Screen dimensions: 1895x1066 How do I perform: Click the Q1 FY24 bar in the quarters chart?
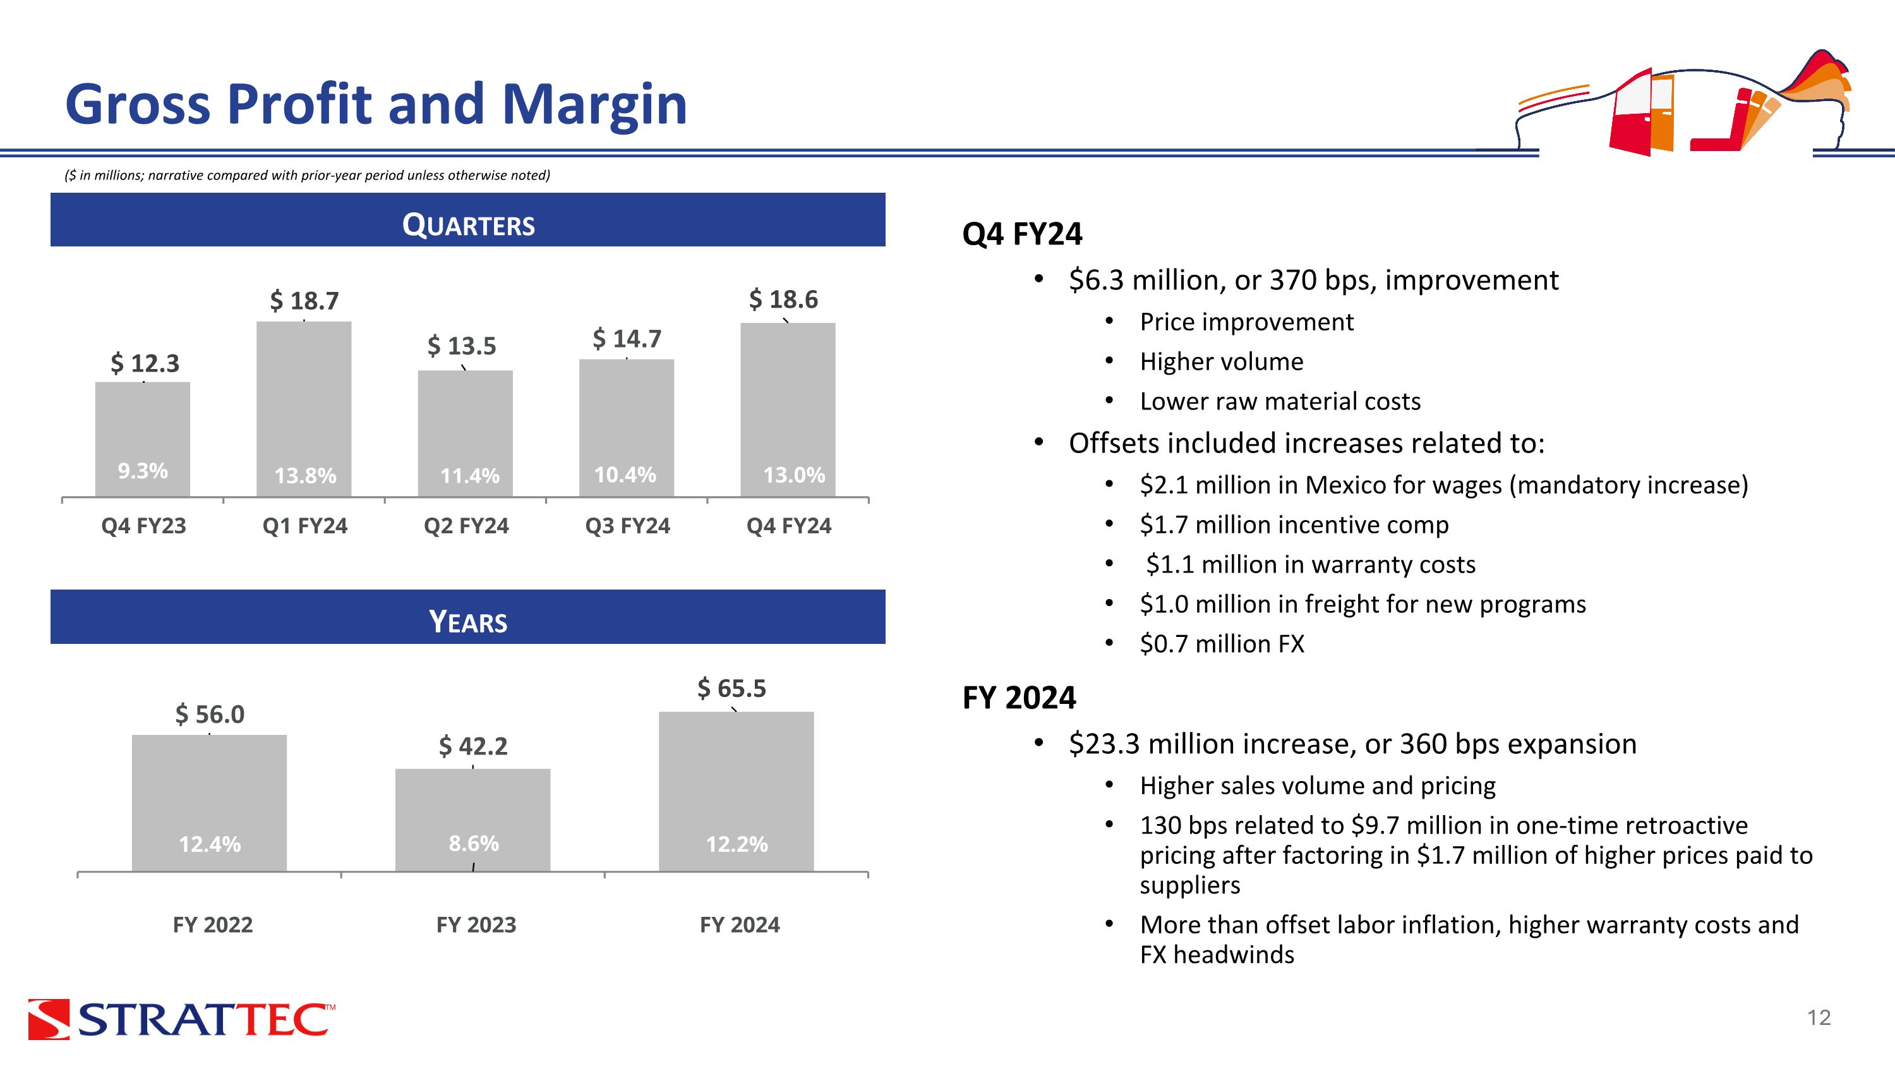coord(304,409)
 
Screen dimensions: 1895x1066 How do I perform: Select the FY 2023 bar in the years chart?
coord(473,820)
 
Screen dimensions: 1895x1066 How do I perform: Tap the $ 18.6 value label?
coord(783,300)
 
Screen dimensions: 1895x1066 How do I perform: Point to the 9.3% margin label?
coord(143,471)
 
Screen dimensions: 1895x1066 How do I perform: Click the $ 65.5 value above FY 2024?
coord(732,689)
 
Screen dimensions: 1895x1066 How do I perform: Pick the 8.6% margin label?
coord(474,843)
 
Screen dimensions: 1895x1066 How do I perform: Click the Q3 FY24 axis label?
coord(627,526)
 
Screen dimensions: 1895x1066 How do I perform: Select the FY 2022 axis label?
coord(213,924)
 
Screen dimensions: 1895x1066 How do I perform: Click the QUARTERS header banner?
coord(468,220)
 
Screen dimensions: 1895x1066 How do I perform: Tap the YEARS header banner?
coord(468,617)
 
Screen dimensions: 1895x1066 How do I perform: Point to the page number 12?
coord(1819,1018)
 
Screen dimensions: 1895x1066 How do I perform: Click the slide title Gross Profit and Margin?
coord(376,104)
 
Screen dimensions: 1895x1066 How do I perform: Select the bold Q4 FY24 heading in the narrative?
coord(1022,234)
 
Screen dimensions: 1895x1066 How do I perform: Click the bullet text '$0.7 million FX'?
coord(1222,644)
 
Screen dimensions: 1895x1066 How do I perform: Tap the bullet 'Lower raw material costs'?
coord(1280,402)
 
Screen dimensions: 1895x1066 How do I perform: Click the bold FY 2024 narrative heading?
coord(1019,698)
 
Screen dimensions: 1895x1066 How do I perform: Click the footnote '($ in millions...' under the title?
coord(308,175)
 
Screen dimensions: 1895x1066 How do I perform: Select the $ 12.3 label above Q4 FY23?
coord(145,363)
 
